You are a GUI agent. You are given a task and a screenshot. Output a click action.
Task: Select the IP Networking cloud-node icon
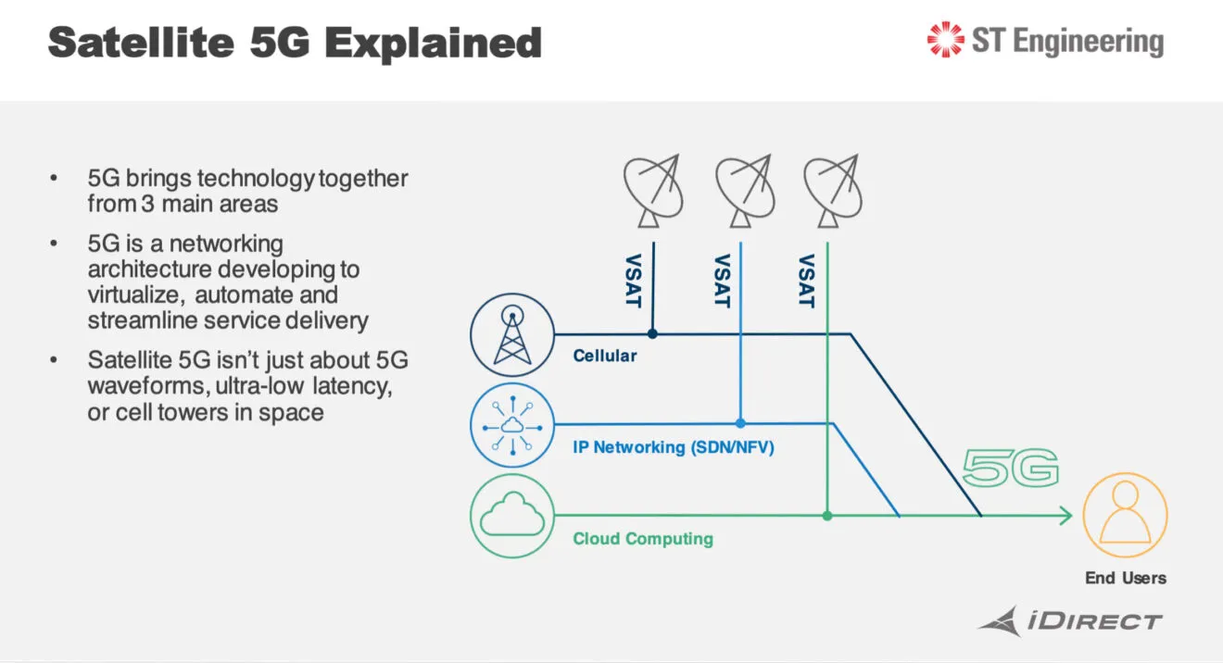tap(512, 425)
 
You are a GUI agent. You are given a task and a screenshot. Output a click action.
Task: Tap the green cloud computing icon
tap(512, 515)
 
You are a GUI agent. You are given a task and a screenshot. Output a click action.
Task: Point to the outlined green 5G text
tap(1010, 469)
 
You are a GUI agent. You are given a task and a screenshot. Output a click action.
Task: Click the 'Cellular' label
tap(605, 356)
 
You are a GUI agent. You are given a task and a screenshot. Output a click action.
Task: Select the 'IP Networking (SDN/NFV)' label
tap(674, 448)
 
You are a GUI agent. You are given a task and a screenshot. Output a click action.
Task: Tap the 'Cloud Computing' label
tap(643, 539)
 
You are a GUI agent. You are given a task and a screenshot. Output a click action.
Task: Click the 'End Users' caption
tap(1126, 578)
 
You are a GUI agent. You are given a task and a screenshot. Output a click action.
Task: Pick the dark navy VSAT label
tap(635, 281)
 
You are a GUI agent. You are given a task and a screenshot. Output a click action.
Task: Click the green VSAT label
tap(806, 281)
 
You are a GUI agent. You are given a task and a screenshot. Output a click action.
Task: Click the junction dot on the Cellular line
tap(652, 333)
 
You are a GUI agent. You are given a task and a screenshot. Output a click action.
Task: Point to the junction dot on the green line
tap(827, 516)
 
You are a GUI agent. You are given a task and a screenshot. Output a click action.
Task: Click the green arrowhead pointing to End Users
tap(1065, 516)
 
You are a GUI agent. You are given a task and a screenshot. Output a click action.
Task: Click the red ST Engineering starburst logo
tap(945, 41)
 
